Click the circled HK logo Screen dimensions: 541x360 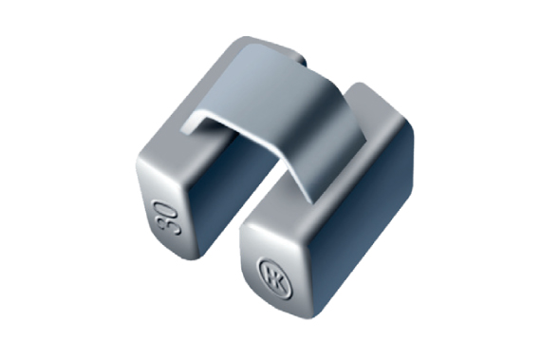pos(275,278)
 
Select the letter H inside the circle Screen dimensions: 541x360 pos(270,275)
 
